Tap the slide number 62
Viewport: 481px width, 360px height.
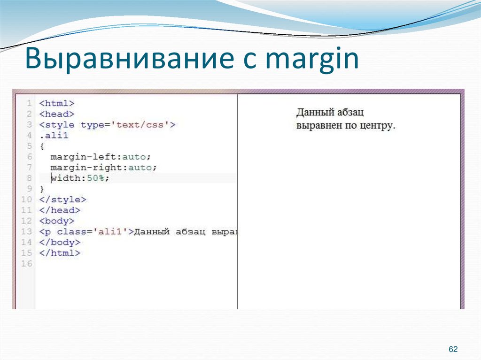453,349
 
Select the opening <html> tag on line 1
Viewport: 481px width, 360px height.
57,103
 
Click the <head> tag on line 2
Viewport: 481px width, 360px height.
57,114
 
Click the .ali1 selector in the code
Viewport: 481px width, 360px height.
54,136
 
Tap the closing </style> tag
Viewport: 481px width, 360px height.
62,199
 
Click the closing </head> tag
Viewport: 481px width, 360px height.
60,210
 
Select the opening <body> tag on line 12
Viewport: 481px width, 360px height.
57,221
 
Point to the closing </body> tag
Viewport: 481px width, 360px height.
60,242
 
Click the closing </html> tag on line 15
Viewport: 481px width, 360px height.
60,253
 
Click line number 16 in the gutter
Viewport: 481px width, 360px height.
26,264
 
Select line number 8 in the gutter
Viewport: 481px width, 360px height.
29,178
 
